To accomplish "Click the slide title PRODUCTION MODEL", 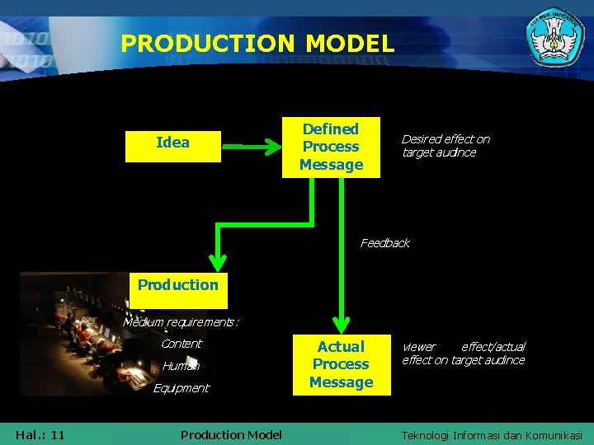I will pos(257,43).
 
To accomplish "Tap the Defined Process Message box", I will pos(331,147).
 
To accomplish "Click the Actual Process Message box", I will pos(341,364).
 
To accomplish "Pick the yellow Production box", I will pos(178,286).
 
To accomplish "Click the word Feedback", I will pos(384,243).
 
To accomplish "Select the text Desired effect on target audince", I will pos(445,146).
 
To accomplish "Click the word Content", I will pos(181,344).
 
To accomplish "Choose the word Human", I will pos(181,366).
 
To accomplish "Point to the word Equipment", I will pos(181,388).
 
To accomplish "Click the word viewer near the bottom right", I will pos(418,347).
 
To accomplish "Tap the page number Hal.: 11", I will pos(40,434).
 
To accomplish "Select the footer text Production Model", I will pos(231,434).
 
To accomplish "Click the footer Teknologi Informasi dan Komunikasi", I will pos(492,434).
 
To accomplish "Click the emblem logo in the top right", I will pos(554,40).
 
